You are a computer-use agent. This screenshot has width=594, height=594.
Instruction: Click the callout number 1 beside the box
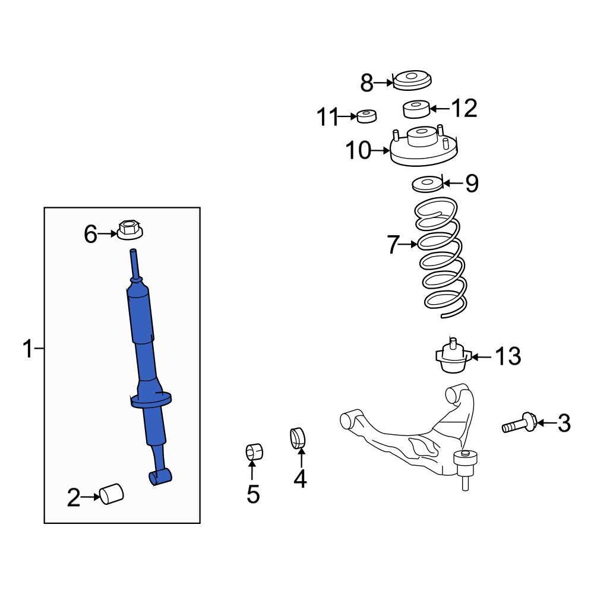[27, 349]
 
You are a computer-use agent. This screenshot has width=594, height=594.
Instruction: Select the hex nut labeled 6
[129, 229]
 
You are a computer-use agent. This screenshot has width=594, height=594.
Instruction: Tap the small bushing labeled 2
[110, 494]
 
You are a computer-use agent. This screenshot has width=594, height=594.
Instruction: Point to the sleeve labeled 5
[254, 453]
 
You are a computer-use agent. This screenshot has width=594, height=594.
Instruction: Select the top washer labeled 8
[412, 80]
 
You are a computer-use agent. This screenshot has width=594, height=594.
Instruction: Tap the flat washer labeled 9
[427, 184]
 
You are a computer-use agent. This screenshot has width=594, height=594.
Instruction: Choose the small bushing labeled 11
[366, 115]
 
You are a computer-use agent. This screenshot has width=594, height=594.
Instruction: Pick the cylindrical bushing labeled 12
[416, 109]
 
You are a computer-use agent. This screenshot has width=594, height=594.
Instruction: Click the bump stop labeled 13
[451, 358]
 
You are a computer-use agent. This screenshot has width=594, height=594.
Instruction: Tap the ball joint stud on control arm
[465, 469]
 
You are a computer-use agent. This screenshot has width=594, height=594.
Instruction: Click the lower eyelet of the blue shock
[159, 476]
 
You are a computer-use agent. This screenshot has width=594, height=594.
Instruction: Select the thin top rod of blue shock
[135, 264]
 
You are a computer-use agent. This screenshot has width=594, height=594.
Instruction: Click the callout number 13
[508, 357]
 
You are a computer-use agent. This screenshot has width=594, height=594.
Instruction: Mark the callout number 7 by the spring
[393, 245]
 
